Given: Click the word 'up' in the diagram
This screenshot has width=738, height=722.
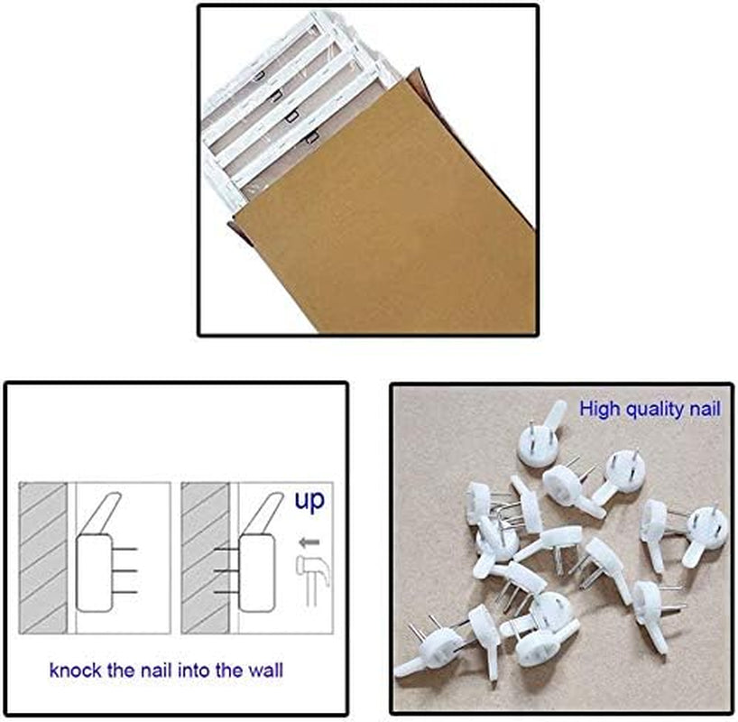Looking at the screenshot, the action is pos(309,501).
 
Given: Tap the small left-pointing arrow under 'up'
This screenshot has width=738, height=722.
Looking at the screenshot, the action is pos(309,542).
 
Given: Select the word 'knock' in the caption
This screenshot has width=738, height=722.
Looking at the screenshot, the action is pos(75,670).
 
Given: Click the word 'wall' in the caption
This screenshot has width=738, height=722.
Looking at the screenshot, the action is pos(266,670).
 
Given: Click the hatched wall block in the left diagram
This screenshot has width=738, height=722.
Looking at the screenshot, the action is pos(42,558).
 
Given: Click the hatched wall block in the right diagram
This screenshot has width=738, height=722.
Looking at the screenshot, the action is pos(205,558).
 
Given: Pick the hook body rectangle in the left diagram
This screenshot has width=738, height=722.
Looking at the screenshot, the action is pos(94,573).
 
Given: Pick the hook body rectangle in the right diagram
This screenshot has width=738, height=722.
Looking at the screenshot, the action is pos(256,573).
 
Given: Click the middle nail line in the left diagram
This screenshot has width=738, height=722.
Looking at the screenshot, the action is pos(125,570).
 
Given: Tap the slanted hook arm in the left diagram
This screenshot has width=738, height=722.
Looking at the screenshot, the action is pos(102,514).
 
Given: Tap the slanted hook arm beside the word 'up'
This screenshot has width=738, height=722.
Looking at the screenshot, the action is pos(264,514).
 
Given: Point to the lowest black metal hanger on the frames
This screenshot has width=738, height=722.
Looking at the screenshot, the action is pos(311,137).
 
